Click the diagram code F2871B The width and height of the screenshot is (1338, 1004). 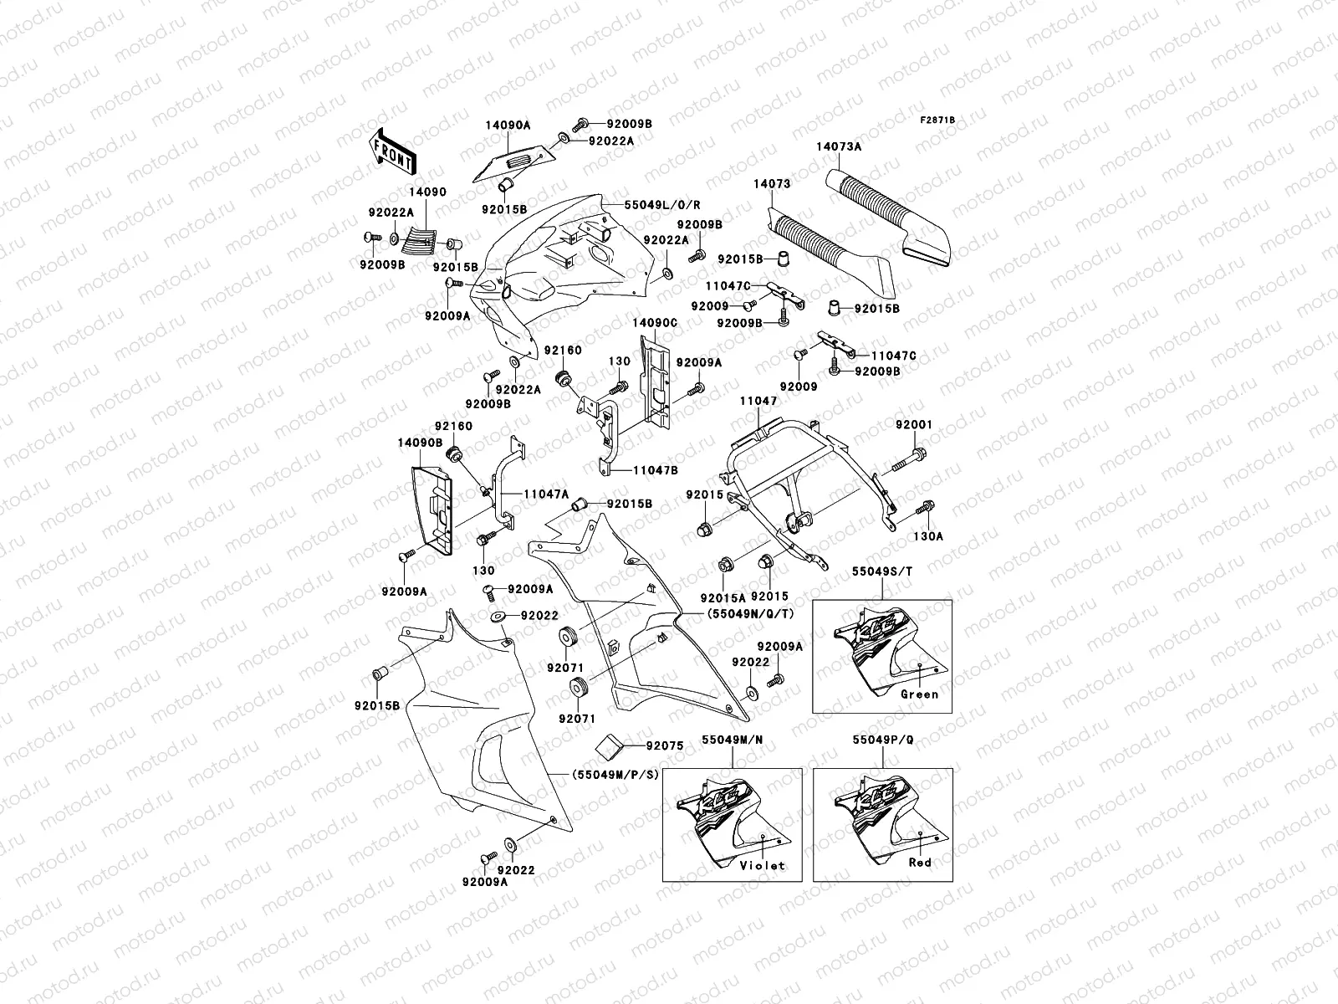tap(937, 120)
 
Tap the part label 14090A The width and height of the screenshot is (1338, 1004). tap(507, 124)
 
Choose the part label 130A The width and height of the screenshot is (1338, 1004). tap(928, 536)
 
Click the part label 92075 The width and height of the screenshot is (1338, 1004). tap(665, 745)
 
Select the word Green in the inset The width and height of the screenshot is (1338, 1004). tap(920, 694)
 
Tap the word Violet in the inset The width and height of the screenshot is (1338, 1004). tap(763, 865)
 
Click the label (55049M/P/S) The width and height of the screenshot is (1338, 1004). tap(616, 775)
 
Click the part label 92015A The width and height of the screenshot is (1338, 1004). tap(720, 597)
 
